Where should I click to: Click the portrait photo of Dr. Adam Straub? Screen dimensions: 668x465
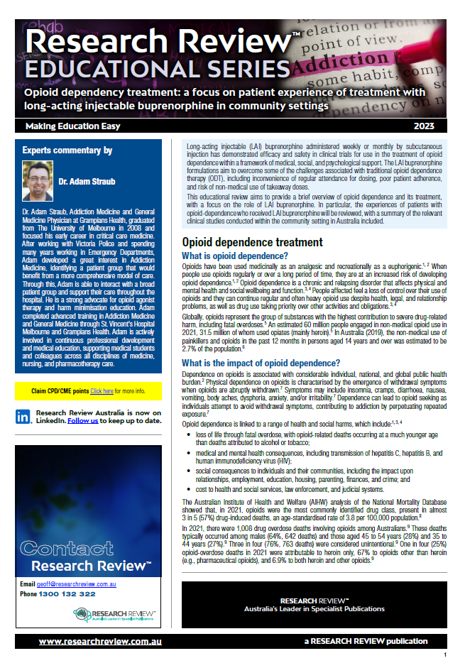38,180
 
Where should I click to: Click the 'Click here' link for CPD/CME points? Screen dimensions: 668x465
102,390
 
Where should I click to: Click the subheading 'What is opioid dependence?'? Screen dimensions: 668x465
235,256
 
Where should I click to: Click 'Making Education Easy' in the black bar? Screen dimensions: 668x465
72,126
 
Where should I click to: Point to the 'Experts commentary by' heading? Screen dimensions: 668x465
67,150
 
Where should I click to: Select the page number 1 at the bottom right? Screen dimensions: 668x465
444,655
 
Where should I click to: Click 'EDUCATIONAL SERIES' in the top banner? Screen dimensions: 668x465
142,68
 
